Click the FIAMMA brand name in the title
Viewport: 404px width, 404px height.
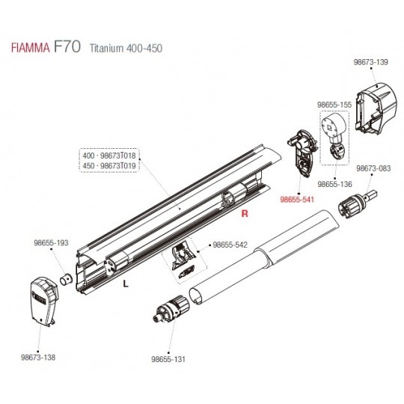point(30,48)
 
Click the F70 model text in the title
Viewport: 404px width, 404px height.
point(67,46)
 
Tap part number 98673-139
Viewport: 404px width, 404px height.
point(370,62)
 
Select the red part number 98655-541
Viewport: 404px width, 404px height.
point(297,199)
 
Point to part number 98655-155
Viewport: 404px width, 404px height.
point(334,105)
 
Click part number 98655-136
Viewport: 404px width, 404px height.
point(334,184)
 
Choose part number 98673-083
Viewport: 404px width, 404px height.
point(373,168)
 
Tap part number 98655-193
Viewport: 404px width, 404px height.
point(51,242)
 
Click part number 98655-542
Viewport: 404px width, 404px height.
point(230,245)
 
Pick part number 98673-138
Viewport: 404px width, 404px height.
point(38,358)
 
